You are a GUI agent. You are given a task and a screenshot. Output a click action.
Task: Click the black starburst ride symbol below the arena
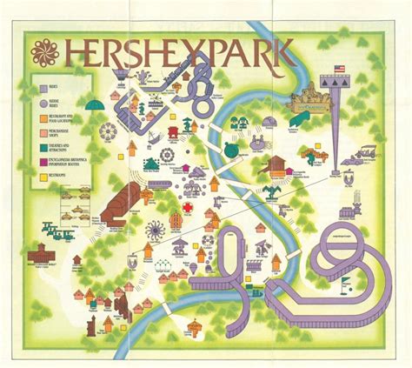(x=156, y=231)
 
